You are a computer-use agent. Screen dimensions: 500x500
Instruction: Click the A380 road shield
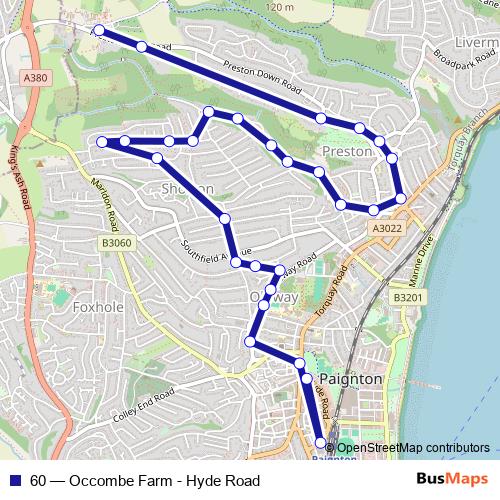(x=34, y=78)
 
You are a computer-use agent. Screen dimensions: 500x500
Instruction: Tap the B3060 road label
(x=116, y=243)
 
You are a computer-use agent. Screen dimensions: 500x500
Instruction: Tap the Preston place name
(x=347, y=152)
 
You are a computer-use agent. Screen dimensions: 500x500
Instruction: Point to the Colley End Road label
(x=140, y=410)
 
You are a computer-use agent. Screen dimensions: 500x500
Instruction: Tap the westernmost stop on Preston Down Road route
(x=98, y=32)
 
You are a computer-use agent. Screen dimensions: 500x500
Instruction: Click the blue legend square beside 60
(x=13, y=481)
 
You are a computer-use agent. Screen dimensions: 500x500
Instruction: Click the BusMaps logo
(x=445, y=480)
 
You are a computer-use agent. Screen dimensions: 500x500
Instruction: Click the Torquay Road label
(x=347, y=289)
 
